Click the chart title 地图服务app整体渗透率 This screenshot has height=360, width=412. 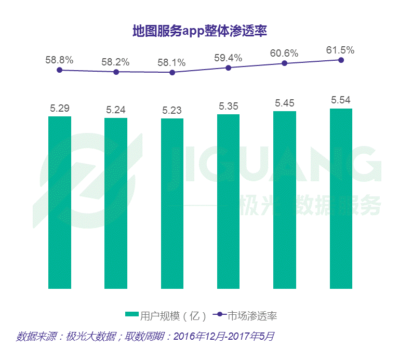pyautogui.click(x=200, y=31)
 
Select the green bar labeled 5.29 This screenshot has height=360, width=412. pyautogui.click(x=60, y=203)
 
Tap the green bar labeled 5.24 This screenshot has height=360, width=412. pyautogui.click(x=116, y=204)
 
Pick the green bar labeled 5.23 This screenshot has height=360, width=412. pyautogui.click(x=172, y=204)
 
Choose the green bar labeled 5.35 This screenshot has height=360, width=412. pyautogui.click(x=228, y=202)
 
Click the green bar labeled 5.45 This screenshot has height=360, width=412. pyautogui.click(x=285, y=200)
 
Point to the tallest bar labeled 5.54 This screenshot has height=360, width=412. pyautogui.click(x=341, y=198)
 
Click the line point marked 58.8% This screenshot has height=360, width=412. pyautogui.click(x=60, y=70)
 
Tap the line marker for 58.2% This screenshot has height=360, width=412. pyautogui.click(x=116, y=72)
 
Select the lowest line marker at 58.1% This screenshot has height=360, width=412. pyautogui.click(x=172, y=73)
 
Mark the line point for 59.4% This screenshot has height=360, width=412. pyautogui.click(x=228, y=68)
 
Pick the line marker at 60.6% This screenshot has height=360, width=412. pyautogui.click(x=285, y=63)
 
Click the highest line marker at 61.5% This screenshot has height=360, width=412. pyautogui.click(x=341, y=60)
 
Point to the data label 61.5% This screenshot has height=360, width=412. pyautogui.click(x=340, y=50)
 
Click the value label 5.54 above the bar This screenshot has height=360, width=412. pyautogui.click(x=341, y=100)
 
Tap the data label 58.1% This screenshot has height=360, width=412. pyautogui.click(x=171, y=62)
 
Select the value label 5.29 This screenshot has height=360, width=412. pyautogui.click(x=60, y=108)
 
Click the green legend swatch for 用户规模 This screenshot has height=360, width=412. pyautogui.click(x=132, y=314)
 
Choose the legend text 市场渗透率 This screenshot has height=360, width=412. pyautogui.click(x=252, y=316)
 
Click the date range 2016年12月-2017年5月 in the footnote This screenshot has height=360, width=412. pyautogui.click(x=224, y=336)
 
